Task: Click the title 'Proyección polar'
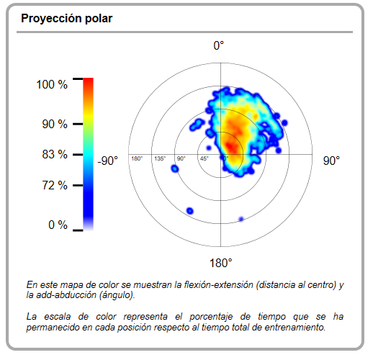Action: point(67,19)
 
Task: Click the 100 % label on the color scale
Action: point(52,84)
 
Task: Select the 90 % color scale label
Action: point(55,124)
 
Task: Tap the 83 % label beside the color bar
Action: point(55,154)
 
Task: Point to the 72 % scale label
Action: point(55,185)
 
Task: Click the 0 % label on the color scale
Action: point(58,225)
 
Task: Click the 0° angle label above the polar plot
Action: point(219,45)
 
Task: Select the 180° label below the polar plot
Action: point(221,263)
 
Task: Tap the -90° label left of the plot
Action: point(108,161)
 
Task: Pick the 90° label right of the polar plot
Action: point(331,161)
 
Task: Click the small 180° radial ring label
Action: point(137,158)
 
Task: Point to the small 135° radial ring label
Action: point(160,158)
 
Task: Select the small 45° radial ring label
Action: point(205,158)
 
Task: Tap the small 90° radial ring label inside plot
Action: point(181,158)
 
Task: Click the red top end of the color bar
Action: point(88,81)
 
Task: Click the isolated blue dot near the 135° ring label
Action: point(175,168)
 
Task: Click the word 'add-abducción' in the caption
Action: point(66,294)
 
